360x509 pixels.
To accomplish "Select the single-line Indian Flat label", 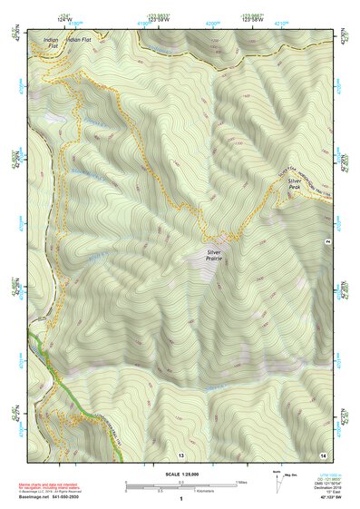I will (x=79, y=41).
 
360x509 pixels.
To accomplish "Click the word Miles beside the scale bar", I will (x=242, y=482).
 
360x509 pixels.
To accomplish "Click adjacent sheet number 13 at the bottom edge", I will (x=180, y=454).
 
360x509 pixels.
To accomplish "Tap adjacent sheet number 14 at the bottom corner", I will (x=323, y=454).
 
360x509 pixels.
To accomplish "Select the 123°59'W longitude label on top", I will (x=156, y=20).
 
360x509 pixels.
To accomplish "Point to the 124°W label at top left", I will (x=65, y=20).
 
